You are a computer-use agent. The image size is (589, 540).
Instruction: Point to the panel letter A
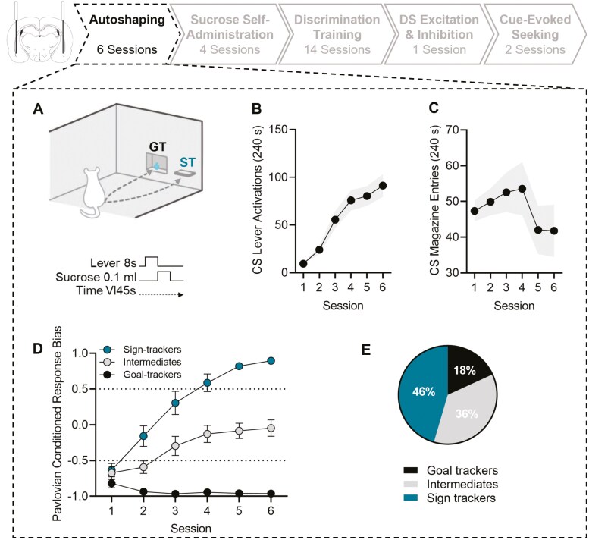39,108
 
